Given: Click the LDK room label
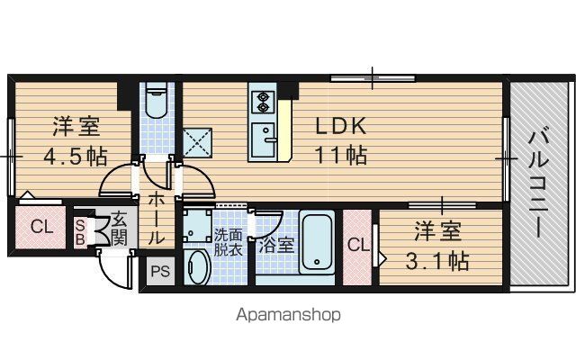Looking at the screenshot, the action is [341, 126].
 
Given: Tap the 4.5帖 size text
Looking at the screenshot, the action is [76, 157].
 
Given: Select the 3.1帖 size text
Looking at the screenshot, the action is [437, 261].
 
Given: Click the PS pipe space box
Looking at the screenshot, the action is [160, 271].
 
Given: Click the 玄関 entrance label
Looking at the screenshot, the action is [119, 229].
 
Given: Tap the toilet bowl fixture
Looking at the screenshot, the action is [157, 100].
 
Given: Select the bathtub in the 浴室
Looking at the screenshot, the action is [317, 242].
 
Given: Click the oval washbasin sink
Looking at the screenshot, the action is [199, 267].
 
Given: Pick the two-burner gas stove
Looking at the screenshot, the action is [263, 102].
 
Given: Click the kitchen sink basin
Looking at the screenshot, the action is [263, 140].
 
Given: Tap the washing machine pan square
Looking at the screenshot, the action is [198, 226].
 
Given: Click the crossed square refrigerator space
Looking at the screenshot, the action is [197, 143].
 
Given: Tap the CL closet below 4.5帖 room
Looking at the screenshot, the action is [40, 227].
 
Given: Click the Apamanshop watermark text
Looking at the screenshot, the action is [288, 315].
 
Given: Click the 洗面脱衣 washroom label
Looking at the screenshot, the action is [228, 242].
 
